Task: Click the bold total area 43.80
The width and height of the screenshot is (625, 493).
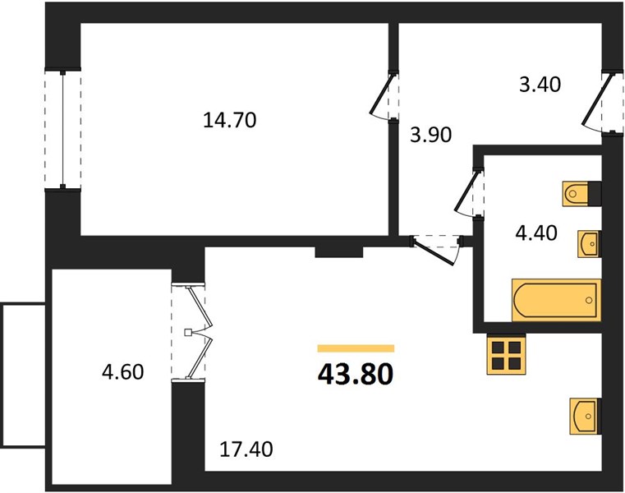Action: [356, 375]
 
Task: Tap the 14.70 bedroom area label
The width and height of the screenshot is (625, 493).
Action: [230, 120]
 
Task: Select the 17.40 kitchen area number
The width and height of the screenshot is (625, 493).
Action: [246, 449]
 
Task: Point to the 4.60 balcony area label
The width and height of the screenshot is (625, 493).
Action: [122, 372]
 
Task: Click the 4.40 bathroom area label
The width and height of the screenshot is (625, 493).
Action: [536, 233]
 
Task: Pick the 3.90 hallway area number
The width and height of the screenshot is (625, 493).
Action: [431, 135]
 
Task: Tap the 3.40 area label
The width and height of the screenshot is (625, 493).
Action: [540, 85]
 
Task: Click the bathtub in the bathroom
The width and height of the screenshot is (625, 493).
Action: [557, 300]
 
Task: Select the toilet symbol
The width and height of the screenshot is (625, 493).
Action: [581, 194]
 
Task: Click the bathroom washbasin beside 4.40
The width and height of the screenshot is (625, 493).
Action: [589, 244]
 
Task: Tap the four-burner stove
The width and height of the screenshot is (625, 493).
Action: [506, 354]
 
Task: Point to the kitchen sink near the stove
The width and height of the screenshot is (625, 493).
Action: [585, 416]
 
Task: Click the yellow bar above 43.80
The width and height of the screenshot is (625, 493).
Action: [356, 348]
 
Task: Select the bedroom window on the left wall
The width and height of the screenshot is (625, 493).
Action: [63, 130]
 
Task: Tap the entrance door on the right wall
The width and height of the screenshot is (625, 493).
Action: [602, 103]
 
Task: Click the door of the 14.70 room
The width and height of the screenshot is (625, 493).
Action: [384, 96]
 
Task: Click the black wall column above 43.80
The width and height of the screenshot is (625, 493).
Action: [339, 252]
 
